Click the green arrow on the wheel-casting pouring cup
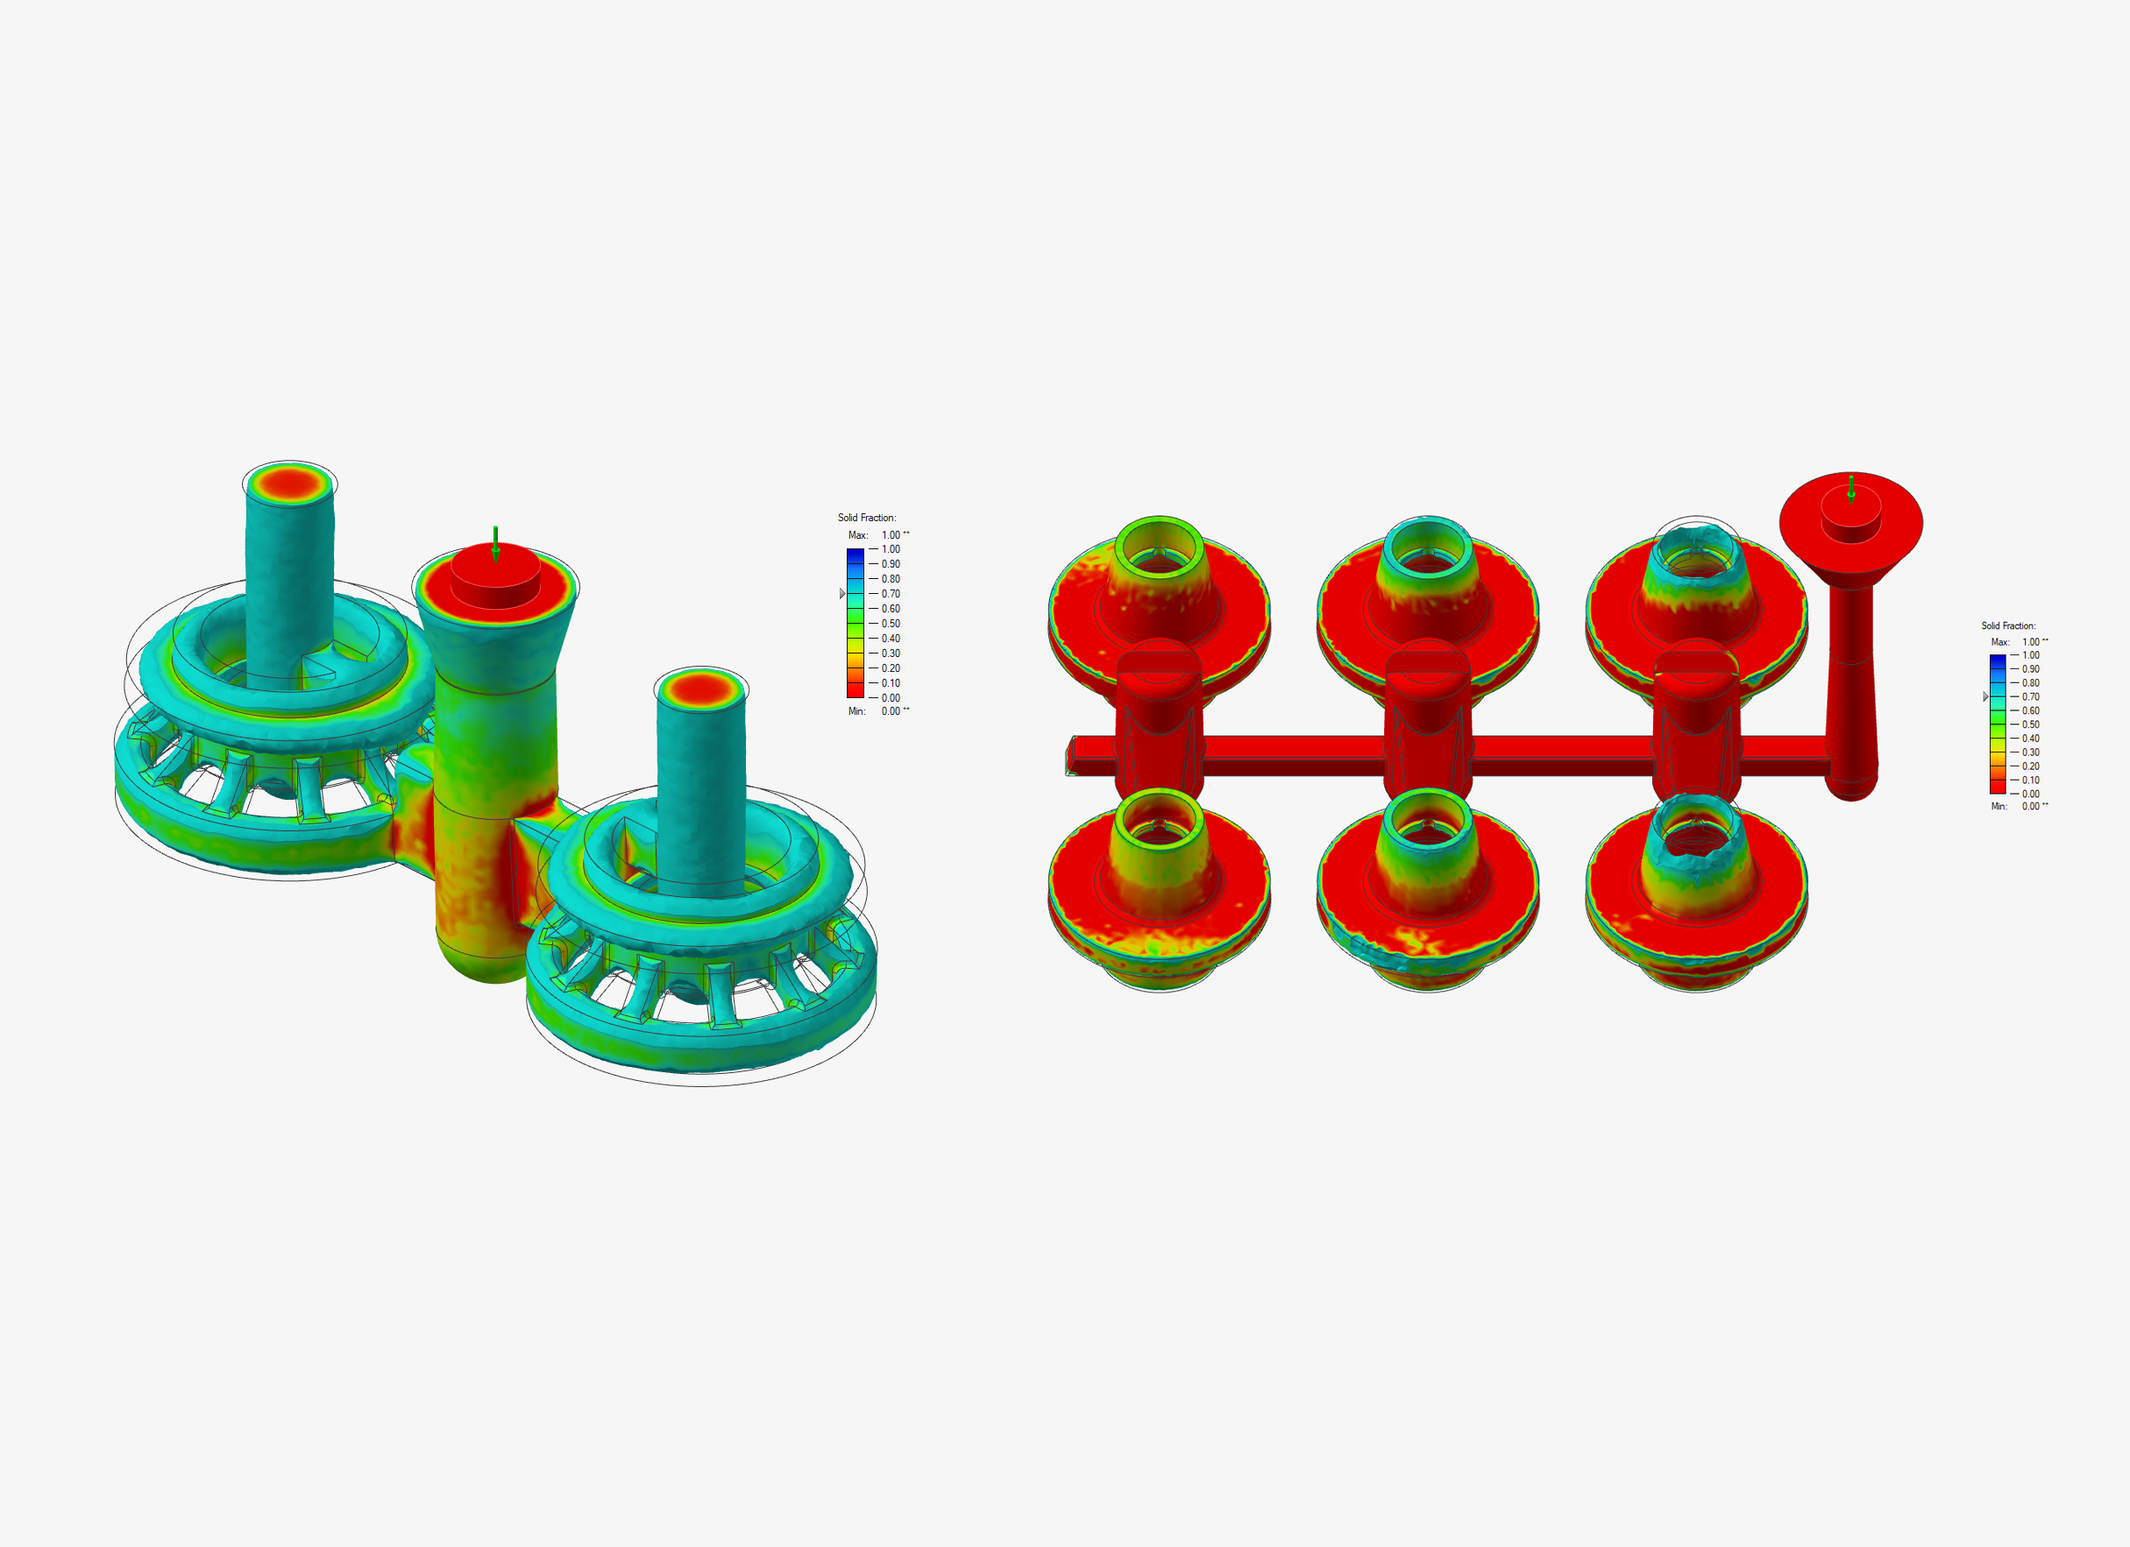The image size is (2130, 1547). tap(496, 542)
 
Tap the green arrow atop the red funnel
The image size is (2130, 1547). tap(1851, 488)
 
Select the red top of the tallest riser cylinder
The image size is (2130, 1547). tap(289, 484)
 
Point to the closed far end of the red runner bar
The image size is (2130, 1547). tap(1070, 757)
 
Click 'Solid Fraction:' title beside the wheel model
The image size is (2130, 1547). tap(867, 517)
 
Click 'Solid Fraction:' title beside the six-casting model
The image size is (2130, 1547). tap(2009, 625)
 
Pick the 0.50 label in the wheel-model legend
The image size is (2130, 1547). tap(891, 624)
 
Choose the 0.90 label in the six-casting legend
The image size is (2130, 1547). tap(2030, 669)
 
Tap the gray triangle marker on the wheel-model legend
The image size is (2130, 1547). tap(842, 593)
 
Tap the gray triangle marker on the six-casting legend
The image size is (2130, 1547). tap(1985, 696)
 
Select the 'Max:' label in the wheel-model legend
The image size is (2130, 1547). tap(857, 535)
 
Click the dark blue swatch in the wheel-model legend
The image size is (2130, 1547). tap(855, 555)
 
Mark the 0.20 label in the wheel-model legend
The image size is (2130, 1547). tap(891, 668)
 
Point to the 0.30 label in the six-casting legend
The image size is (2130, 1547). tap(2030, 752)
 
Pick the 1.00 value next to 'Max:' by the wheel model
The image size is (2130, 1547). tap(891, 535)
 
